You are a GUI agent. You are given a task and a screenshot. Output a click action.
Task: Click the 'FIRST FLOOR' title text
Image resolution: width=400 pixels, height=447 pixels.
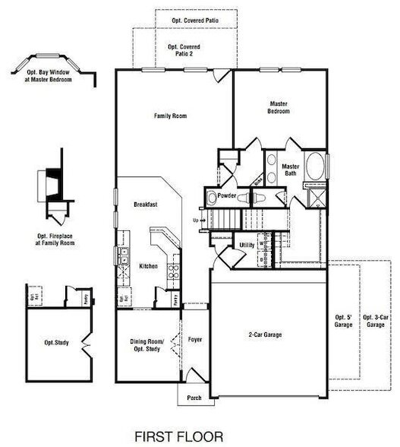point(180,436)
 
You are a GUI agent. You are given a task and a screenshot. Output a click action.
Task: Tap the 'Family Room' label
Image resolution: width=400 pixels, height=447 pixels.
point(171,116)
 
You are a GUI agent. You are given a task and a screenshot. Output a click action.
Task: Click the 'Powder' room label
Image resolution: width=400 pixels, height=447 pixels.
point(227,195)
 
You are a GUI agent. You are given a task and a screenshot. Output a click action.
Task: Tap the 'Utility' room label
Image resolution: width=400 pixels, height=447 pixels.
point(247,245)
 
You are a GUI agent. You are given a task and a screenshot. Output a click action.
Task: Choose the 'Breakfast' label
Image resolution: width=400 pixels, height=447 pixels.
point(145,205)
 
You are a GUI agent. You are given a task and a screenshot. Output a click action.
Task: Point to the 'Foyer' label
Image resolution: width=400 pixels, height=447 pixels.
point(194,341)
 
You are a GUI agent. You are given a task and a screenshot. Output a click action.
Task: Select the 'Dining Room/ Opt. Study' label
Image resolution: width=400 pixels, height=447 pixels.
point(147,344)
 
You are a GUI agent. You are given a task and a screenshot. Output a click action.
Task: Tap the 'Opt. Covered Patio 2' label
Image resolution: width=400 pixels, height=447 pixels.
point(181,49)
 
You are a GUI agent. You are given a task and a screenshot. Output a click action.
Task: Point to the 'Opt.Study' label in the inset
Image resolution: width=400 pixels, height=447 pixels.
point(57,343)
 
